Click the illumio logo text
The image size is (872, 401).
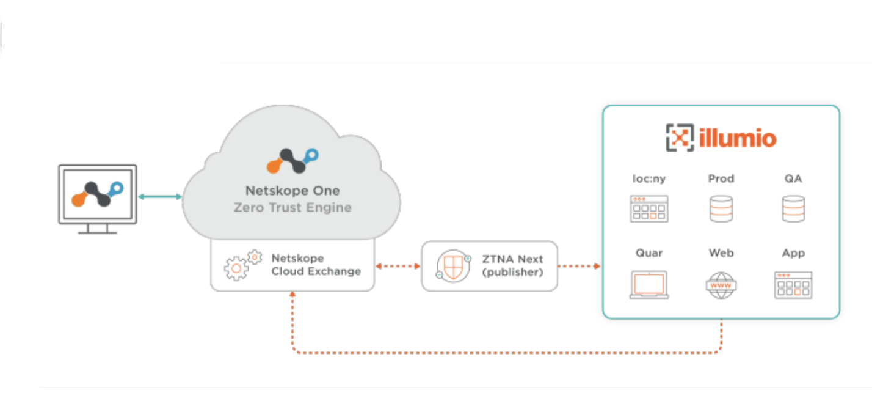pos(739,138)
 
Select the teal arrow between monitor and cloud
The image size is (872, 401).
pos(160,197)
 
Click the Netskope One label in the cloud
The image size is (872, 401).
pos(292,190)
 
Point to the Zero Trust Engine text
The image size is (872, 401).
pos(292,208)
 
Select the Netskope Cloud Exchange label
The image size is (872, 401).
pos(316,265)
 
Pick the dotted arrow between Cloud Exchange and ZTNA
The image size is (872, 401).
pos(398,267)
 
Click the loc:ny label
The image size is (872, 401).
pos(649,179)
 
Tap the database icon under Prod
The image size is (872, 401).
pos(721,208)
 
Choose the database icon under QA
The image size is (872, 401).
pos(793,208)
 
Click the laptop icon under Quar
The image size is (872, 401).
pos(649,285)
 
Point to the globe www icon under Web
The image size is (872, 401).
pos(721,285)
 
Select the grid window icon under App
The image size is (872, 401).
pos(793,285)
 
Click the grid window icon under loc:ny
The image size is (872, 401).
pos(649,208)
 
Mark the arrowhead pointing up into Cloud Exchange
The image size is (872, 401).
pos(293,295)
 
